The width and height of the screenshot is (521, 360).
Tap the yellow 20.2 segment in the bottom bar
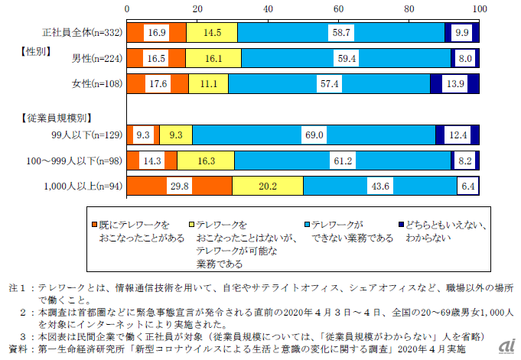click(267, 186)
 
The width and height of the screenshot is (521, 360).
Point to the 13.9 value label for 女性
click(454, 84)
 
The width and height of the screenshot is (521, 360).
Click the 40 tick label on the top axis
click(268, 8)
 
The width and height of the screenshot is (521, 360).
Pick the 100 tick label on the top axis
click(479, 8)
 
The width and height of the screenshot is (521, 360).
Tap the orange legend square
click(95, 225)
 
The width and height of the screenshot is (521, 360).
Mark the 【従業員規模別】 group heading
click(52, 118)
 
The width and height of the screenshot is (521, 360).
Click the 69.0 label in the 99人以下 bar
click(314, 135)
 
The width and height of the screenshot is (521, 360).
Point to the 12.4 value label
click(459, 135)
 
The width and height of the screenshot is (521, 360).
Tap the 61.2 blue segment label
click(342, 161)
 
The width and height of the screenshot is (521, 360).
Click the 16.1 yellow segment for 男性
click(213, 58)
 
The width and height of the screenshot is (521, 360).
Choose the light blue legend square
click(307, 225)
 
